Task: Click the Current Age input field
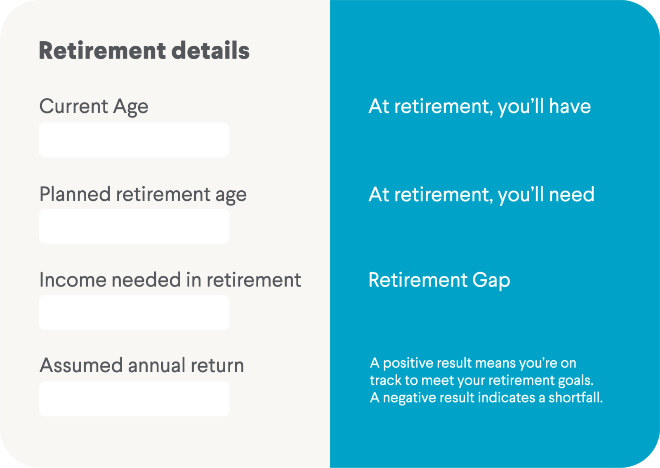tap(134, 139)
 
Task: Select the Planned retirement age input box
tap(134, 226)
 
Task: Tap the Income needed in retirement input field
tap(134, 312)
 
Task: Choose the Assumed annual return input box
tap(134, 399)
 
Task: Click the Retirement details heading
tap(144, 50)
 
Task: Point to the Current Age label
tap(94, 107)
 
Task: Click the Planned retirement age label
tap(143, 195)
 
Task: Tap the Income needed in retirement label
tap(170, 280)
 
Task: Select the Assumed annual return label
tap(142, 365)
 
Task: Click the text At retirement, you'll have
tap(480, 107)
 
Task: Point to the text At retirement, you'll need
tap(481, 195)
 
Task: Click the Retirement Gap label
tap(439, 280)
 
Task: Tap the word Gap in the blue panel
tap(491, 280)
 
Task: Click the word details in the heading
tap(210, 50)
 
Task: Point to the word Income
tap(73, 280)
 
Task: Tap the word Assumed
tap(81, 365)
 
